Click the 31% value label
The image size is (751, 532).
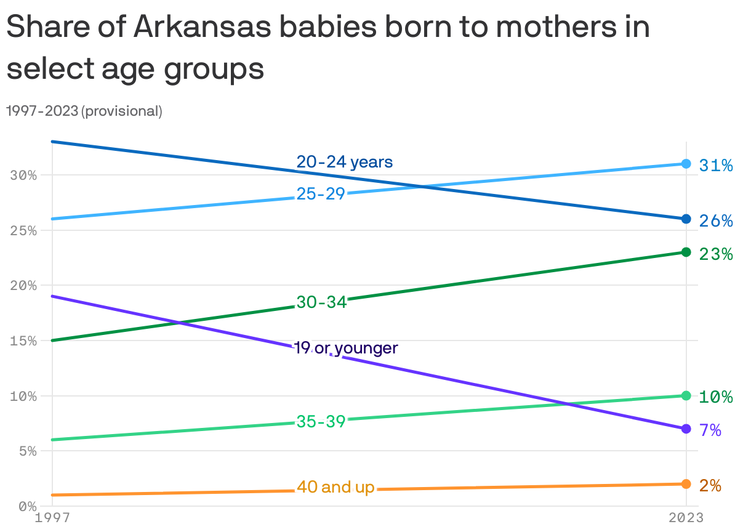tap(715, 165)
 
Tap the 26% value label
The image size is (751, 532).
tap(715, 220)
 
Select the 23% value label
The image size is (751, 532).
tap(715, 254)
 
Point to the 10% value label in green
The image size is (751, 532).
tap(715, 397)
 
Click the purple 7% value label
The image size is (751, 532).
tap(710, 430)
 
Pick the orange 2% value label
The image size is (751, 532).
tap(710, 485)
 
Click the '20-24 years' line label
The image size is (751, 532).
tap(344, 162)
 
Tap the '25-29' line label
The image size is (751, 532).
tap(321, 194)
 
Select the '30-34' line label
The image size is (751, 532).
tap(321, 302)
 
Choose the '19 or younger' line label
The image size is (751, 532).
tap(346, 348)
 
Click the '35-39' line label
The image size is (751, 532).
tap(321, 422)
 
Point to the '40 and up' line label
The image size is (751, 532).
tap(335, 487)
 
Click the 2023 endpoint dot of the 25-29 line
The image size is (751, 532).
tap(686, 164)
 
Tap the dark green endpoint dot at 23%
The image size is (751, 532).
tap(686, 252)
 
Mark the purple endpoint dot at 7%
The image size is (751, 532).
tap(686, 429)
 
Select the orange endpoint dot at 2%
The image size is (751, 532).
tap(686, 484)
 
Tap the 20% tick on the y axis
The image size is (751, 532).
tap(23, 286)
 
